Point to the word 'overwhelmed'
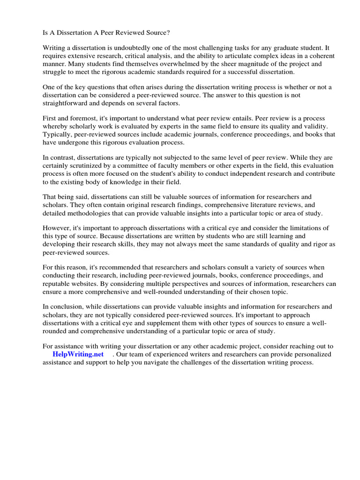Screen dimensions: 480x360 [168, 64]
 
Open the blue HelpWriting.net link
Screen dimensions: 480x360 [79, 354]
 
